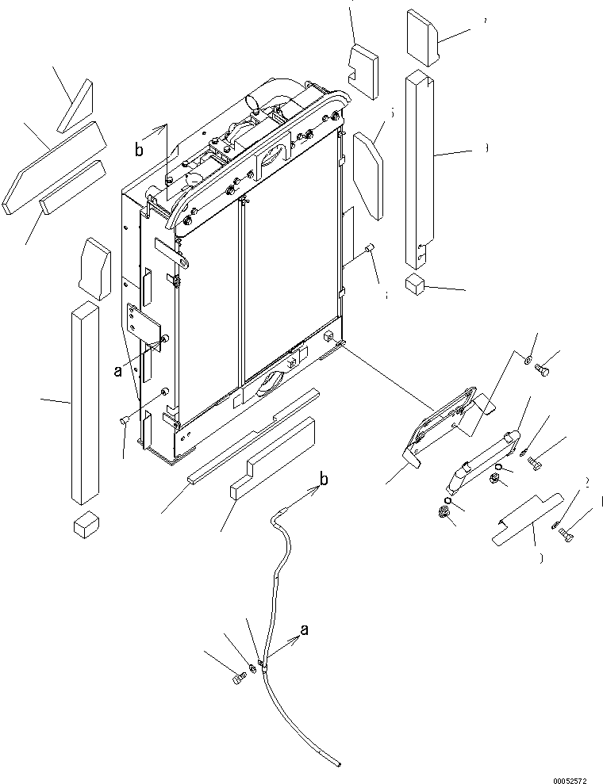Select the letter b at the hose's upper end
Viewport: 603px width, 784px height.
(x=324, y=477)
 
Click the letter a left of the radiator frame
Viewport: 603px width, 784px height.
(x=117, y=369)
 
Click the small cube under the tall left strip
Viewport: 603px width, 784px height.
(x=84, y=525)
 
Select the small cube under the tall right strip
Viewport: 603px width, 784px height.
(x=416, y=285)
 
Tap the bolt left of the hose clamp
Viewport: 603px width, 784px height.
(x=239, y=679)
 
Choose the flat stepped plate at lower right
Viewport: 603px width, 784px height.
(x=525, y=518)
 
